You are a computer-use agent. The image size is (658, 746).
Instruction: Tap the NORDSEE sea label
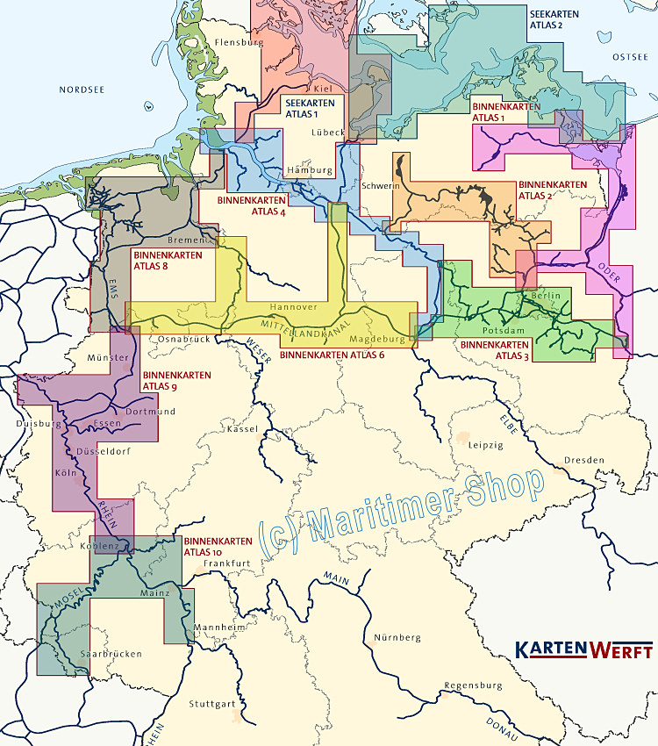pos(82,90)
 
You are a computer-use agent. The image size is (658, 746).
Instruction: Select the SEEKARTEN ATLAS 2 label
pos(559,19)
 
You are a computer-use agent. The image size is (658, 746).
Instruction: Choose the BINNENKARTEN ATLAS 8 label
pos(167,261)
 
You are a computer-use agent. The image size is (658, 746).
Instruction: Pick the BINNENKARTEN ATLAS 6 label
pos(333,355)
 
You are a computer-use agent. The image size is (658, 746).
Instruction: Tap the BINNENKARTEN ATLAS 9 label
pos(176,380)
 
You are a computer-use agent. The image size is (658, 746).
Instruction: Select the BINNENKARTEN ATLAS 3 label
pos(494,350)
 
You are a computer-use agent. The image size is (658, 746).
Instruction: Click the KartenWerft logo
pos(583,650)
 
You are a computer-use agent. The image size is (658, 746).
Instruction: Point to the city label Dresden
pos(584,460)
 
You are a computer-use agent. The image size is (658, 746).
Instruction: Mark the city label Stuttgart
pos(212,704)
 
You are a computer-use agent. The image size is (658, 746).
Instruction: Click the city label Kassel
pos(242,429)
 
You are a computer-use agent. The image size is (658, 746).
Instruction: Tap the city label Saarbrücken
pos(111,654)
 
